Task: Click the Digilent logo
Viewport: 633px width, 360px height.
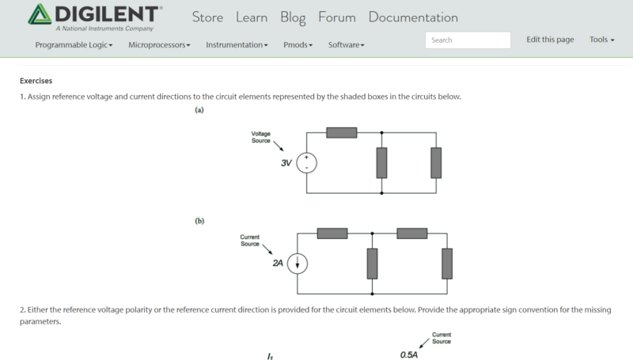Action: point(95,17)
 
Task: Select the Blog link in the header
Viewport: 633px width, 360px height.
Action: point(294,17)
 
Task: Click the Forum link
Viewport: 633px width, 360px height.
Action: point(337,17)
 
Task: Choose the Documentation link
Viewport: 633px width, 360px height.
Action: point(412,17)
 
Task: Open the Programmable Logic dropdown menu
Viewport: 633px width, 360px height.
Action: point(74,45)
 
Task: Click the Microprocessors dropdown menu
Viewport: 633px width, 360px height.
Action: point(159,45)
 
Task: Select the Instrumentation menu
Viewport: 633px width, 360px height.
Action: point(237,45)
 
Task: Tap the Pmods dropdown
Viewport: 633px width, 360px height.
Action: point(298,45)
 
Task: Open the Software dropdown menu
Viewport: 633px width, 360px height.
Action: point(346,45)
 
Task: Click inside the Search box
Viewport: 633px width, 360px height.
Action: point(468,40)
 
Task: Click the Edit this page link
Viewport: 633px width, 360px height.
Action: point(550,40)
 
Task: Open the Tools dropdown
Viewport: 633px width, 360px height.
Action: point(601,40)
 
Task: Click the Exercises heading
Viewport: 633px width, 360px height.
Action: point(36,80)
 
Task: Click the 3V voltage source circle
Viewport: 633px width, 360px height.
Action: point(307,163)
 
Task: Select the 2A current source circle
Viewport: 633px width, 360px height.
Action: point(297,263)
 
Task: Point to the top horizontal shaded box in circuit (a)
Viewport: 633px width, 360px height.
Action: point(341,132)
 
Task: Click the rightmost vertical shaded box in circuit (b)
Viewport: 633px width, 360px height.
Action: point(447,263)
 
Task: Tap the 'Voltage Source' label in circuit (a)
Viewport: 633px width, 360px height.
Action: point(260,137)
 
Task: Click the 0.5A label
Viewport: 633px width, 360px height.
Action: point(408,354)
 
